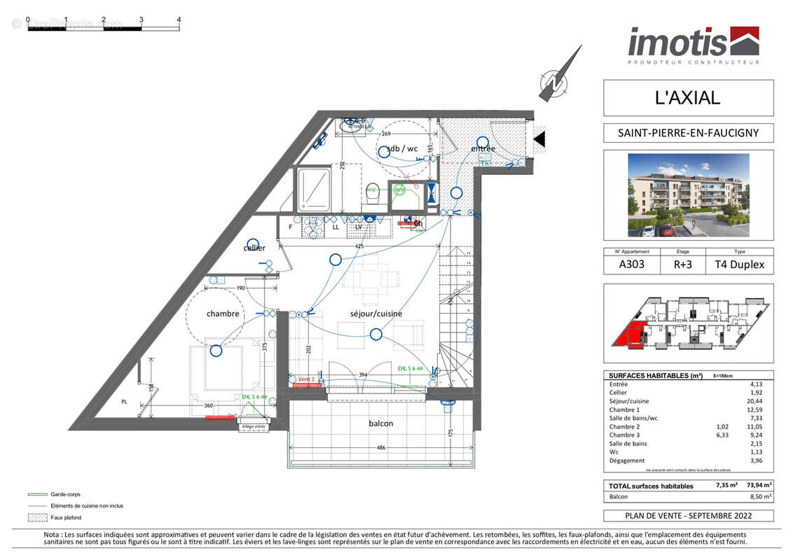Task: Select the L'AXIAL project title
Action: click(x=687, y=98)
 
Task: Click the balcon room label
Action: click(x=381, y=423)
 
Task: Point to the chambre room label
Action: click(x=223, y=314)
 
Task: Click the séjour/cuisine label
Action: click(x=376, y=314)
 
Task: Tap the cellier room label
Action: click(x=254, y=248)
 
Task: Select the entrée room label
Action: click(x=483, y=148)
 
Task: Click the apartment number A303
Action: click(x=632, y=265)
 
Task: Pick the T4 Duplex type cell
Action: click(x=739, y=265)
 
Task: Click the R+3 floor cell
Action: click(x=682, y=265)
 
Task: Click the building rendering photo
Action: click(x=688, y=195)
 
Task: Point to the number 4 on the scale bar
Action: click(x=179, y=20)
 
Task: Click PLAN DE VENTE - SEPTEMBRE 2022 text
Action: click(x=688, y=516)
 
